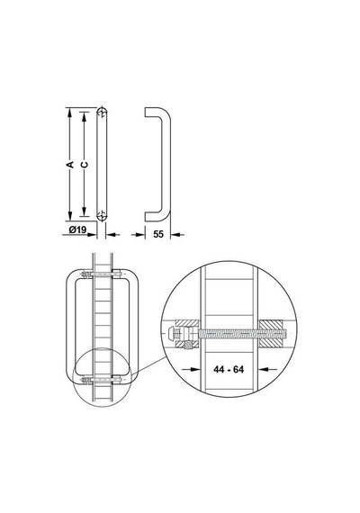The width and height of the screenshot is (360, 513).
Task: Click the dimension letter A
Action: tap(70, 164)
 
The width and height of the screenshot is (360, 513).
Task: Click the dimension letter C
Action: tap(85, 164)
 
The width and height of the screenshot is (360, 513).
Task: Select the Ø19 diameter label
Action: tap(77, 229)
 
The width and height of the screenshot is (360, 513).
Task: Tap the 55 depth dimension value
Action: tap(158, 234)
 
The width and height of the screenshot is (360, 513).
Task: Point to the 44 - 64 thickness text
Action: tap(229, 369)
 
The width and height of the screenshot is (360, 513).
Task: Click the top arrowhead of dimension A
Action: tap(69, 112)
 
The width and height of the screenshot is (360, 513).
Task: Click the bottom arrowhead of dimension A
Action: tap(69, 216)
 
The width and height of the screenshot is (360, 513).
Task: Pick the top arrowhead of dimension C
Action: tap(84, 116)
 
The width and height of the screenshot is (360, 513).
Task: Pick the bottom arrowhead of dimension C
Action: tap(84, 211)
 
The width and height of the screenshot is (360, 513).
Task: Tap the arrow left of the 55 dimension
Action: tap(138, 234)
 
